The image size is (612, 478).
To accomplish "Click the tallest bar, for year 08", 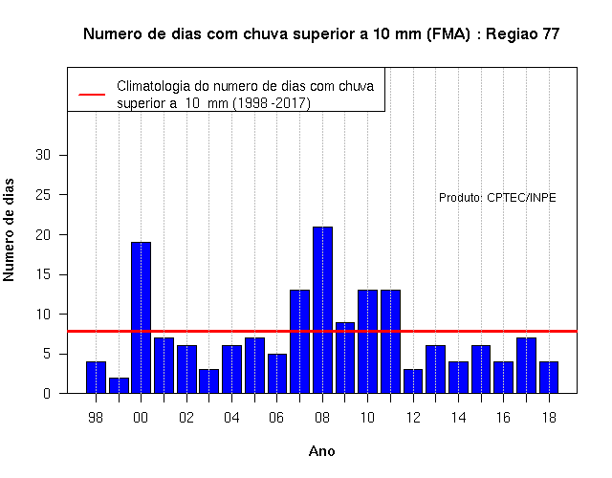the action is coord(322,310).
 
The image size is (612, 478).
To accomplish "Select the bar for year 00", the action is coord(141,317).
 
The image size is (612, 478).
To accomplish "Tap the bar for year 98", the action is coord(96,378).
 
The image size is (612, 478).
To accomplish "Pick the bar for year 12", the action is coord(413,381).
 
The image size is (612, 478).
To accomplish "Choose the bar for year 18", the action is coord(549,378).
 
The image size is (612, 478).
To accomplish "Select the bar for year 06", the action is coord(277,374).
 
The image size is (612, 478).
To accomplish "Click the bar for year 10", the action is coord(367,341).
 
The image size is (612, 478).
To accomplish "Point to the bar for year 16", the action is coord(504,378).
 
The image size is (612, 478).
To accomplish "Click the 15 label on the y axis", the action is coord(43,274).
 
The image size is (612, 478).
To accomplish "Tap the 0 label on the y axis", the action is coord(47,393).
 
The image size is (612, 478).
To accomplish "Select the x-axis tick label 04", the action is coord(231,418).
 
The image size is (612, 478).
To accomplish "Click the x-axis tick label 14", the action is coord(458,418).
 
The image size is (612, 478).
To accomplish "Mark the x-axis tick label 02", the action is coord(186,418).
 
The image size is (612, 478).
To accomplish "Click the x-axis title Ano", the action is coord(322,451).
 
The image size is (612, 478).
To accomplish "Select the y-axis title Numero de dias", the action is coord(9,229).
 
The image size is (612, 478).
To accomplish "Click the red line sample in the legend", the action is coord(92,95).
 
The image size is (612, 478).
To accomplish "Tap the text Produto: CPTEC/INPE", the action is coord(497,198).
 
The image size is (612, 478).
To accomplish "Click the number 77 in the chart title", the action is coord(551,34).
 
